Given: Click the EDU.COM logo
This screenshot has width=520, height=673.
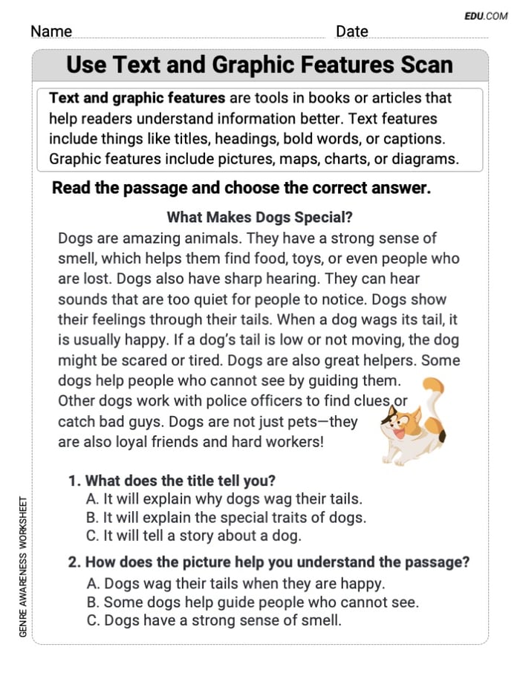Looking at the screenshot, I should [x=486, y=16].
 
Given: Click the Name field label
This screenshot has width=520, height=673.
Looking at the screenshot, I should [x=51, y=31].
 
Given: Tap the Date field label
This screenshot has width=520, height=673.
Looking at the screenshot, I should [x=351, y=31].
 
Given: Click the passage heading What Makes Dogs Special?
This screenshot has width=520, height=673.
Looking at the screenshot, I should [x=259, y=218].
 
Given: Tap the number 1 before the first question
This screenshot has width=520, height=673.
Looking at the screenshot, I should [x=73, y=481].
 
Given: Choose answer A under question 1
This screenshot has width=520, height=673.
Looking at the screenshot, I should [x=224, y=499].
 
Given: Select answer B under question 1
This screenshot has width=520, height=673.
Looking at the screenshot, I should [x=226, y=518].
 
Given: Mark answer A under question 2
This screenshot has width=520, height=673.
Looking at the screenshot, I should [x=235, y=584].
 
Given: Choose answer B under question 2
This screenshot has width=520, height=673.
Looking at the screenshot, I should [x=253, y=602].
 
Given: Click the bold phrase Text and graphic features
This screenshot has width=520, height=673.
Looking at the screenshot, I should [x=137, y=98].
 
